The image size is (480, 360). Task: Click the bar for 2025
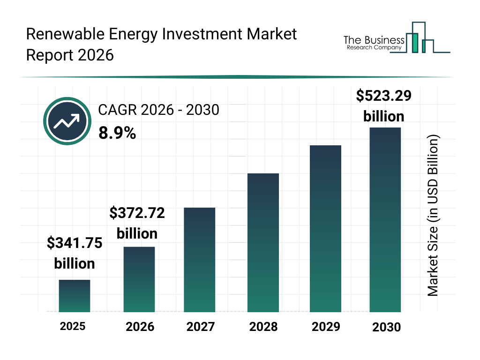point(75,296)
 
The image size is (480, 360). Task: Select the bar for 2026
point(139,279)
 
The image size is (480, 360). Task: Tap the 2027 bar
point(200,260)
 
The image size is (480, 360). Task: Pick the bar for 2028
point(263,243)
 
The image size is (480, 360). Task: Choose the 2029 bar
point(325,229)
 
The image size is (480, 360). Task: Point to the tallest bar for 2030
point(385,219)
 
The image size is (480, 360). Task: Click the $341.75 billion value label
point(75,253)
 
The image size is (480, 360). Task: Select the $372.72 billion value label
point(137,223)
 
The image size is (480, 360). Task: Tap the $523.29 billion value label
point(383,106)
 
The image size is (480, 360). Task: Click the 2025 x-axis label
point(73,326)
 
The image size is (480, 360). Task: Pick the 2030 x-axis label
point(387,327)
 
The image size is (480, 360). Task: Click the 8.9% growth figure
point(117,134)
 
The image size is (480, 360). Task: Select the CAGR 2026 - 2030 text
point(158,110)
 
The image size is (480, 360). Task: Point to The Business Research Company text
point(374,43)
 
